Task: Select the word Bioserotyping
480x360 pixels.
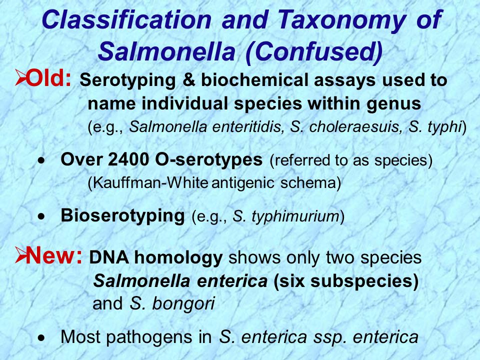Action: tap(123, 215)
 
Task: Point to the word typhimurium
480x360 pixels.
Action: tap(295, 216)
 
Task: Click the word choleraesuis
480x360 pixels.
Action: tap(355, 126)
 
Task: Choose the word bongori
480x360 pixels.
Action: tap(183, 303)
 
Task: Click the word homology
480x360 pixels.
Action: tap(178, 258)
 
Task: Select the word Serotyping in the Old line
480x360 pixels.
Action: tap(127, 80)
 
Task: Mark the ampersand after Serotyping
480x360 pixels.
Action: tap(188, 80)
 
